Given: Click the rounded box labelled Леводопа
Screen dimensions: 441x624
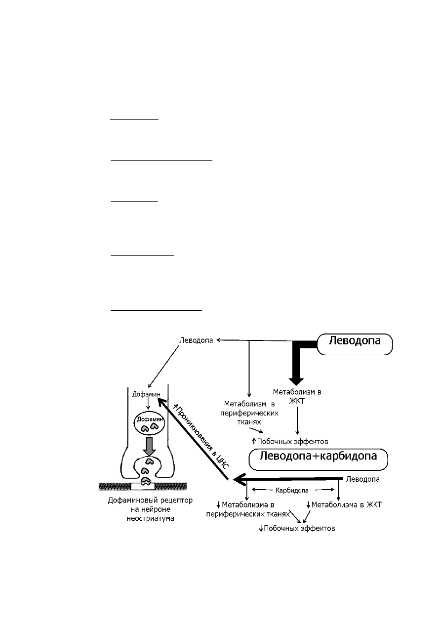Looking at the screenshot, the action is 355,344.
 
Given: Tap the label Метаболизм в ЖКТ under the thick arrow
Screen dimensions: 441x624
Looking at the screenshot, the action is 297,396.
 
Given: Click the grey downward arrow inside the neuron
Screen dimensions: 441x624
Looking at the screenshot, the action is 150,447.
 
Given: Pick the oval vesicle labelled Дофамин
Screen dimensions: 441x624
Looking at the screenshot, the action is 150,424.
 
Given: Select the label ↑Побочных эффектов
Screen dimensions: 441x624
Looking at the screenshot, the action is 290,442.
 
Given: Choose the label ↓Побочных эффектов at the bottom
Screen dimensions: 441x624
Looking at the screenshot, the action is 297,529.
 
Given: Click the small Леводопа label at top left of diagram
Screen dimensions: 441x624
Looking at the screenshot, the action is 196,340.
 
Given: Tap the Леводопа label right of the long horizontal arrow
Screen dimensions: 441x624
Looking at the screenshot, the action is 362,479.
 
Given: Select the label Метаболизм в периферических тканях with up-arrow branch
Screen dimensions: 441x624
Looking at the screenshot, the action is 249,413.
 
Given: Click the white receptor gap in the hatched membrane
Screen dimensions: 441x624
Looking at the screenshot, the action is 143,487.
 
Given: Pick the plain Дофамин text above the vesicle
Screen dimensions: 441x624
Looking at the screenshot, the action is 146,394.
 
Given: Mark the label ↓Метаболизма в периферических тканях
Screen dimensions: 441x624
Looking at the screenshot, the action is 248,509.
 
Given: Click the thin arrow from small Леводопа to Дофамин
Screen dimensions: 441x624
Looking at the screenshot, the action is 163,367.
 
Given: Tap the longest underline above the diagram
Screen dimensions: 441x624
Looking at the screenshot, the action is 161,160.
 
